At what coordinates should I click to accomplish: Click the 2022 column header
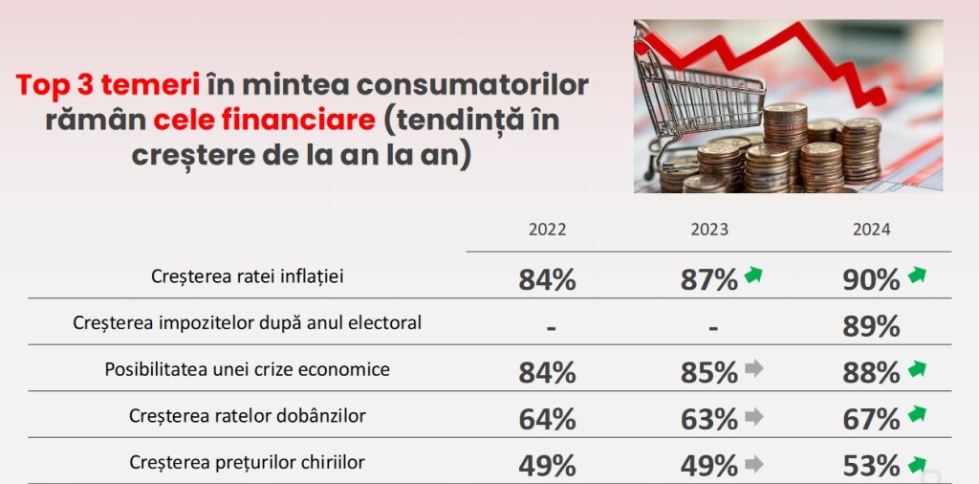(548, 230)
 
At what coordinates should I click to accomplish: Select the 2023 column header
(709, 230)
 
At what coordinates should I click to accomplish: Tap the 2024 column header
(872, 230)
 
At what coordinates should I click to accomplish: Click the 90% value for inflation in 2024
(872, 279)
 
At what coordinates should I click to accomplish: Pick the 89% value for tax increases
(872, 326)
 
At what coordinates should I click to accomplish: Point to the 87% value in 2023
(709, 279)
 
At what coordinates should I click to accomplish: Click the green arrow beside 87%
(753, 277)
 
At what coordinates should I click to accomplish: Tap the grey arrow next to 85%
(753, 368)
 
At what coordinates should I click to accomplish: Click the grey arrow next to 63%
(753, 416)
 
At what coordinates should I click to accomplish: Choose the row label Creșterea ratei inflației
(248, 276)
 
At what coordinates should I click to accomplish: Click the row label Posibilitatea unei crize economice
(248, 369)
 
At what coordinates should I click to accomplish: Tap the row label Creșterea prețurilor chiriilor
(248, 463)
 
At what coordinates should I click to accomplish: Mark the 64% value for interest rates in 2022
(548, 419)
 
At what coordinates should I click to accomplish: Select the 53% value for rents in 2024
(872, 466)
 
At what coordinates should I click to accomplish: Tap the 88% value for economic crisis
(872, 372)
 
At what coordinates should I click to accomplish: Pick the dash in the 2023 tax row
(713, 327)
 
